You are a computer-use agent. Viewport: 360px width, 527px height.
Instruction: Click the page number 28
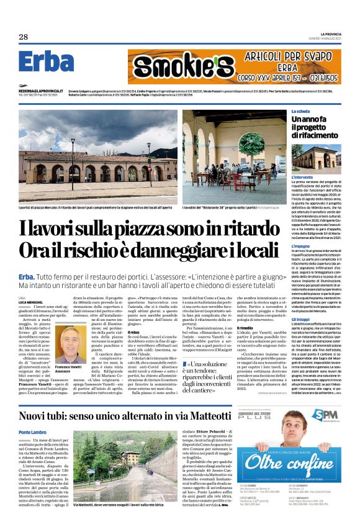(x=23, y=37)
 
